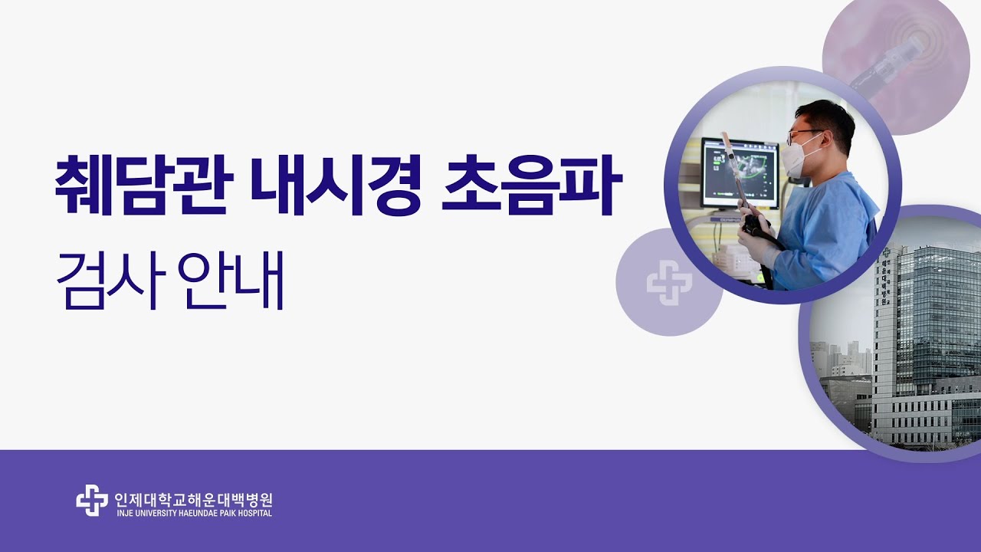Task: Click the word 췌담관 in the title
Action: tap(144, 185)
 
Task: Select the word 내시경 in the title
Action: tap(336, 185)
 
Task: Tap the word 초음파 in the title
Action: tap(532, 185)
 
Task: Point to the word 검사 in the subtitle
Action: tap(112, 281)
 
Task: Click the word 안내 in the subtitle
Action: tap(231, 281)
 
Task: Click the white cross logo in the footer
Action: tap(92, 500)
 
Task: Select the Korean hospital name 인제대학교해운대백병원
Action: tap(193, 499)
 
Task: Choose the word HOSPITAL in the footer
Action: tap(254, 513)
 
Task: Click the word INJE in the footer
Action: tap(124, 513)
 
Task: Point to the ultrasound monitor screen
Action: tap(740, 173)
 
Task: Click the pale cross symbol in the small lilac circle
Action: tap(669, 283)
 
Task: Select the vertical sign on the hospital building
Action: tap(885, 277)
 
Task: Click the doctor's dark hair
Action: tap(828, 118)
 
